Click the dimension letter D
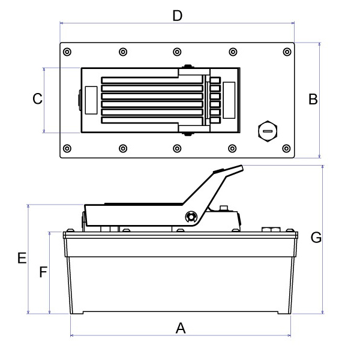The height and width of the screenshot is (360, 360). click(177, 16)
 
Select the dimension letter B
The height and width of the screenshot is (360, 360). click(313, 100)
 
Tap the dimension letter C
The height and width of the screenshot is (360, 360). click(37, 99)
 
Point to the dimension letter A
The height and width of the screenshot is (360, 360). click(180, 328)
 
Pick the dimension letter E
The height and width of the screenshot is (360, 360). click(21, 259)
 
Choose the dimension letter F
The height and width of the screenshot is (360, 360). click(43, 273)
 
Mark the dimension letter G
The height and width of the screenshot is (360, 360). click(316, 238)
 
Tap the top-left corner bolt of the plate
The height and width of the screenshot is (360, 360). click(67, 52)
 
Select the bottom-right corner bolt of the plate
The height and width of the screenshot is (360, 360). click(286, 148)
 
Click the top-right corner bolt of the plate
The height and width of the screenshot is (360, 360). click(286, 52)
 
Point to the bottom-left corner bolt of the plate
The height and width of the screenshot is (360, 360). click(67, 148)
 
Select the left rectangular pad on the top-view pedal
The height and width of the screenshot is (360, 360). click(91, 100)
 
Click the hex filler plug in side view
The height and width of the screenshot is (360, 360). click(270, 229)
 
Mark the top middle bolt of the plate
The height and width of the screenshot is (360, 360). click(177, 52)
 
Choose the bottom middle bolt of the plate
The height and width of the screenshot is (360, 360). click(177, 148)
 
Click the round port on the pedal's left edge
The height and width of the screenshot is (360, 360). click(79, 100)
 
